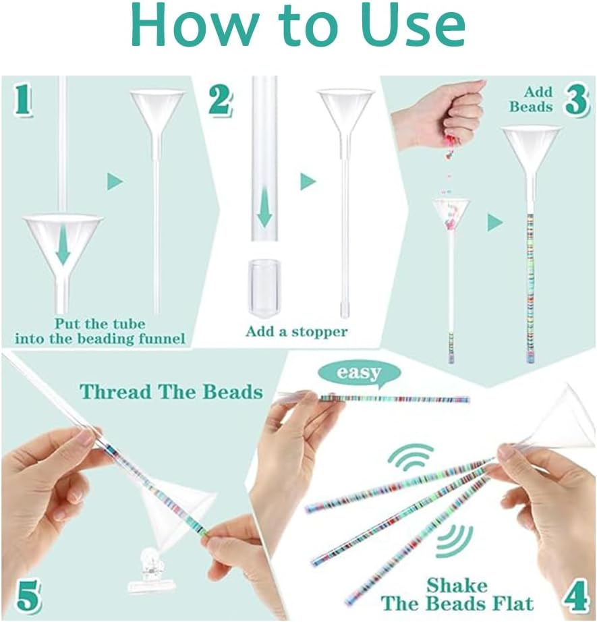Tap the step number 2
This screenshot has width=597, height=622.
click(x=219, y=99)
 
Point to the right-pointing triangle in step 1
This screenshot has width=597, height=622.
click(x=115, y=181)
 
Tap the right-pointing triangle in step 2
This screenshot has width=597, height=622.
click(x=308, y=181)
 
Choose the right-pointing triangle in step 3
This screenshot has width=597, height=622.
click(x=495, y=223)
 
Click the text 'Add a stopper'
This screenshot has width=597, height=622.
click(x=296, y=331)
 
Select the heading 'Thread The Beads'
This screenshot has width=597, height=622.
click(x=171, y=391)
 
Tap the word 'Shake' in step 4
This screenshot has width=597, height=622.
click(x=456, y=584)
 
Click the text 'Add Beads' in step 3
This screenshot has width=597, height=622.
click(x=532, y=99)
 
